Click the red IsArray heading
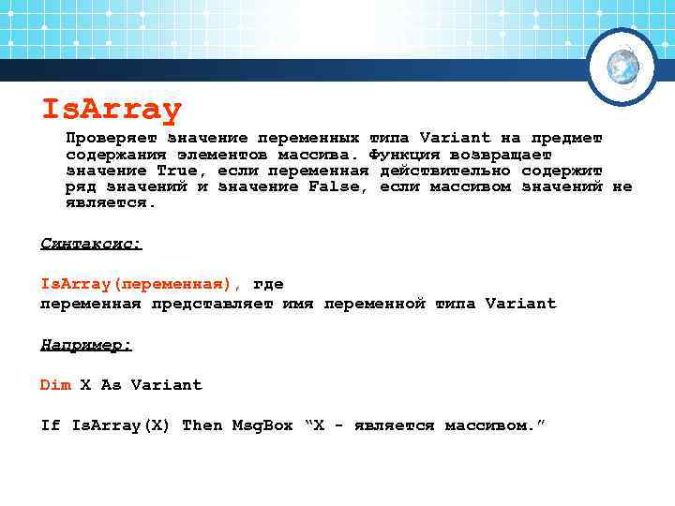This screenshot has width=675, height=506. pos(111,110)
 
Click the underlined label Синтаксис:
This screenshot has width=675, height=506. pos(91,244)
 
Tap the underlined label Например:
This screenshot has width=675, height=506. pos(86,345)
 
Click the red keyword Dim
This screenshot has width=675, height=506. pos(55,385)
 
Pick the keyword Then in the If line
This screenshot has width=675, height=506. pos(202,425)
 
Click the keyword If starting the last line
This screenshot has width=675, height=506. pos(50,425)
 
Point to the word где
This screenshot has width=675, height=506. pos(268,284)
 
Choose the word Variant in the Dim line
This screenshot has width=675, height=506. pos(166,385)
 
